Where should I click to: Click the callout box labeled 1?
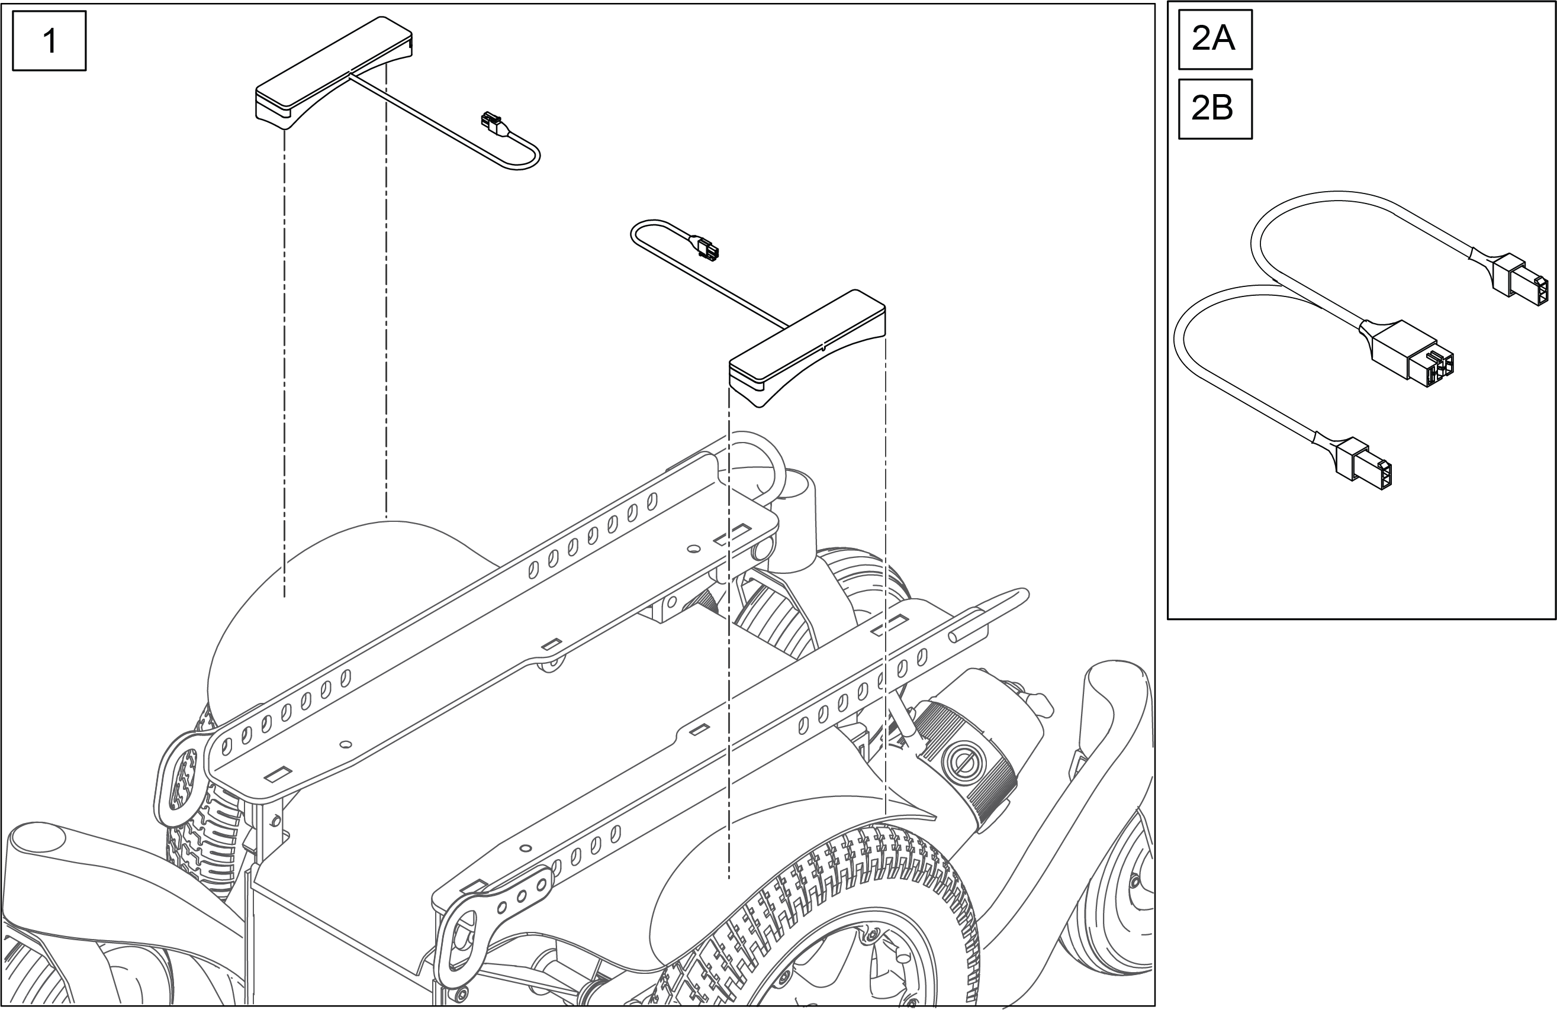click(x=49, y=41)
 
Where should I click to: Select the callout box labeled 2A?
click(x=1215, y=39)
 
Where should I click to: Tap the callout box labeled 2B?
click(x=1215, y=108)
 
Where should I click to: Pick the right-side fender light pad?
click(x=808, y=347)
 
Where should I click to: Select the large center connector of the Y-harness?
click(x=1407, y=353)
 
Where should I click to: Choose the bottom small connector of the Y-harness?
click(x=1364, y=464)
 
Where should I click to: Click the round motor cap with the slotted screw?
click(x=966, y=761)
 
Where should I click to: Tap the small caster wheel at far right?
click(x=1112, y=915)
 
